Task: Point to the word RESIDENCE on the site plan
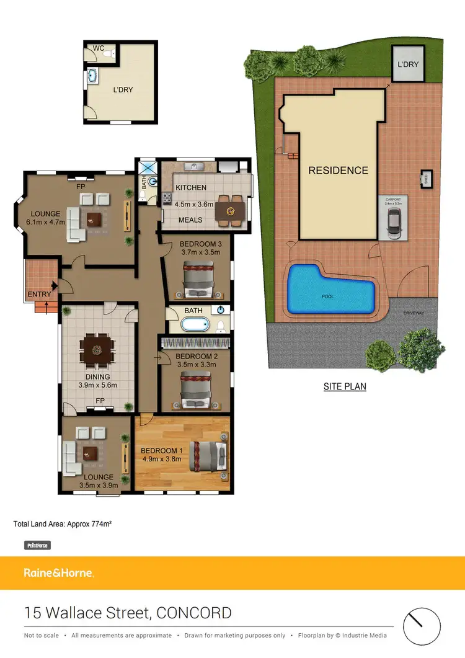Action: [338, 171]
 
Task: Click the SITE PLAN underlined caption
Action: [345, 386]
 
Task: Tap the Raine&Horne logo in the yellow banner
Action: [59, 573]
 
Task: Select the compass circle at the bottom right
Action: [422, 625]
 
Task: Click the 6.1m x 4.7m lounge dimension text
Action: [46, 221]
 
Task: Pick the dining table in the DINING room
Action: [97, 351]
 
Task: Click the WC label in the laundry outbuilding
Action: [98, 48]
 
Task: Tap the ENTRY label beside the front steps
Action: [38, 294]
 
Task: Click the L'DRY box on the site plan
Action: [407, 64]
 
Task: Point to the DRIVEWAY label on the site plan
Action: [414, 313]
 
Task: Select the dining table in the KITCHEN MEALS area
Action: [230, 208]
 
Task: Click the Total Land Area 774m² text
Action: [63, 524]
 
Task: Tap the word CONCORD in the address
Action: [194, 613]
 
